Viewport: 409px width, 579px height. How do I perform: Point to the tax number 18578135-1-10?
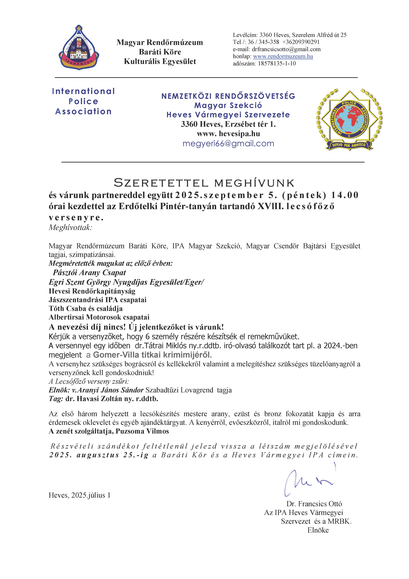click(277, 63)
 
